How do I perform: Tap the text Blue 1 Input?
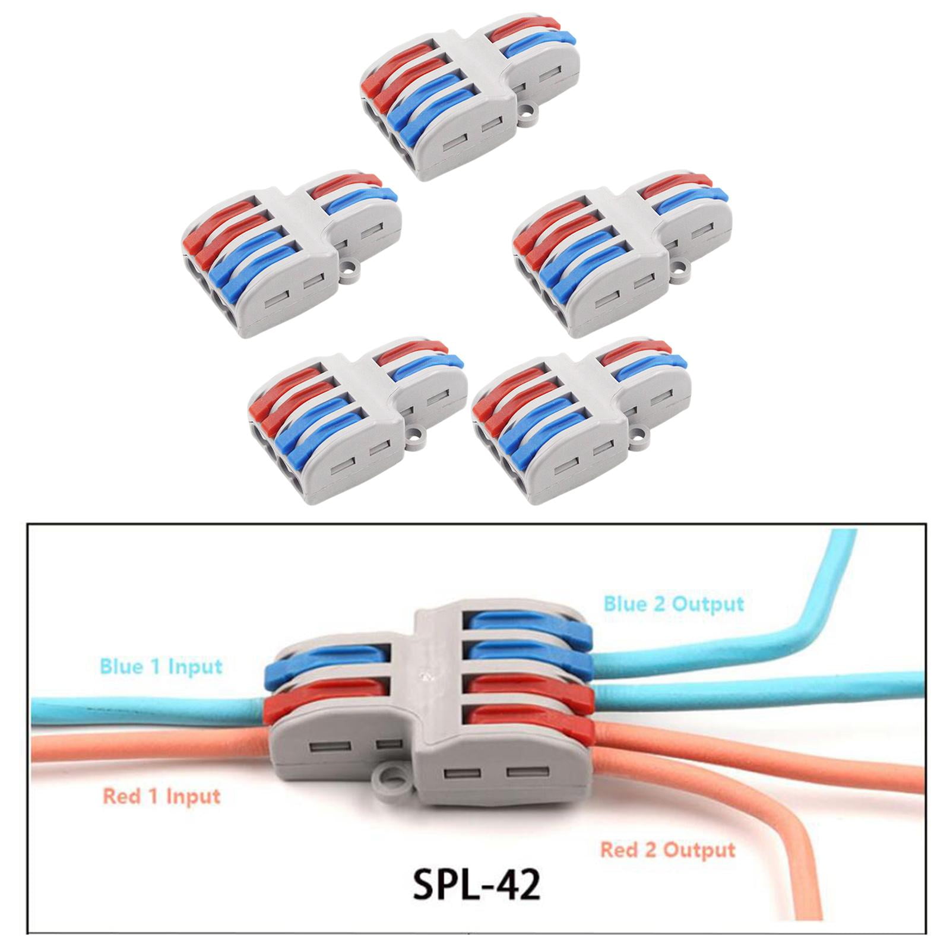click(161, 666)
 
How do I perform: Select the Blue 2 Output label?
click(674, 604)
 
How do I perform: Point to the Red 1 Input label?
click(161, 796)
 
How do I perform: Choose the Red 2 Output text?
click(667, 850)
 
